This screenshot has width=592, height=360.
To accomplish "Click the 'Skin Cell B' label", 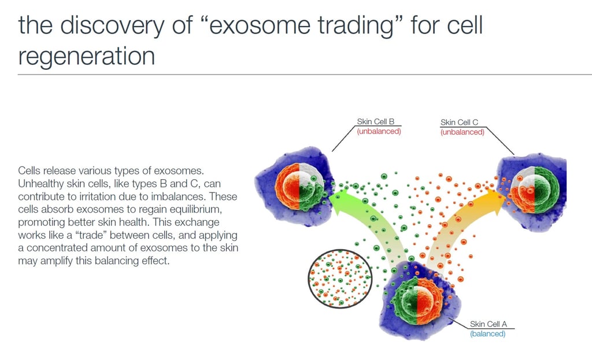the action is point(375,121).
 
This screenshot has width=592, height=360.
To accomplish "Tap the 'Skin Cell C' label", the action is point(459,123).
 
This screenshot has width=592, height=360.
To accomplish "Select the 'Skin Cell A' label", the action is point(488,324).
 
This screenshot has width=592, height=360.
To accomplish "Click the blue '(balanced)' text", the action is point(487,334).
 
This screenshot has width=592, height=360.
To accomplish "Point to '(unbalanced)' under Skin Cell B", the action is point(379,131).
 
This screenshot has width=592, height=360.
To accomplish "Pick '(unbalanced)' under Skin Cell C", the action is point(462,132).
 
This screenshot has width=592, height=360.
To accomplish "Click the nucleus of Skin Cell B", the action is point(299,187).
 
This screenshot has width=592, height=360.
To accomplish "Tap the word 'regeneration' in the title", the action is point(87,57).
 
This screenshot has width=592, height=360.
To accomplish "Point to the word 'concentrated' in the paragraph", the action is point(57,248).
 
